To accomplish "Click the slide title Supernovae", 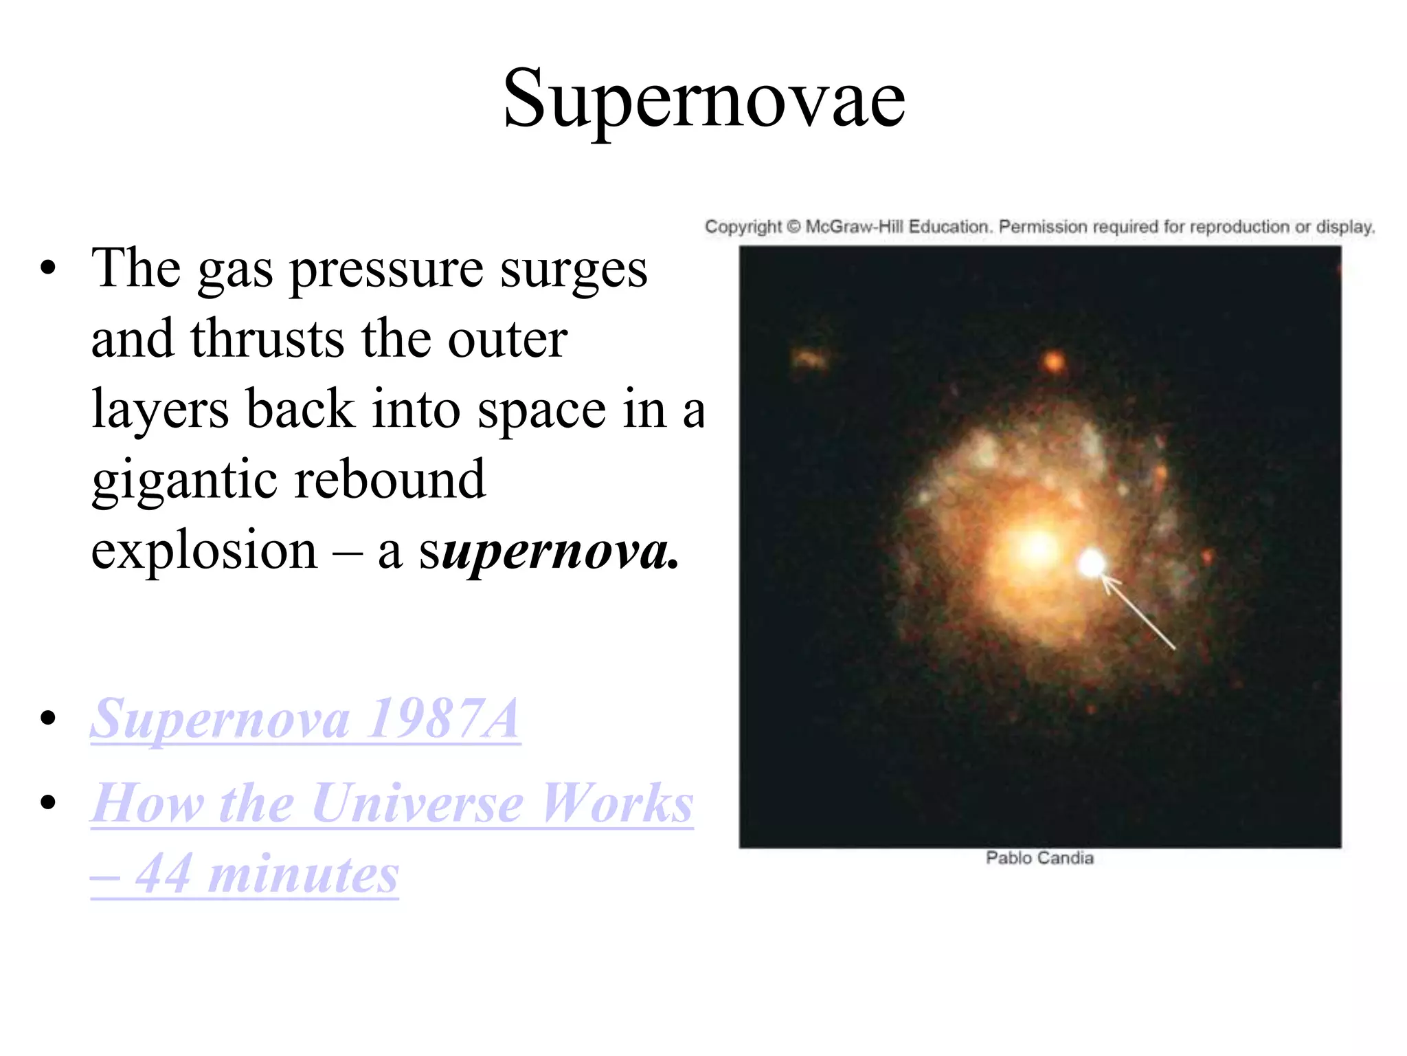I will point(704,100).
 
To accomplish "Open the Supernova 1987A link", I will point(305,719).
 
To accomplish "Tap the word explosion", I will point(204,551).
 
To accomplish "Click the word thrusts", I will point(267,339).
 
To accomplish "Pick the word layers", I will point(159,410).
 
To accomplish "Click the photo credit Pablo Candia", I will point(1039,858).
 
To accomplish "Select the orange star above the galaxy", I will point(1054,361).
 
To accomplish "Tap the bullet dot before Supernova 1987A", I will point(47,719).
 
